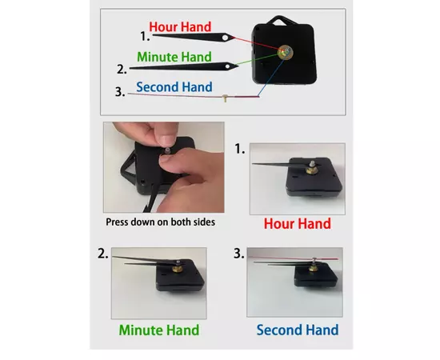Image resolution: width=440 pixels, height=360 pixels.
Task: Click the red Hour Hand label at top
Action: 180,27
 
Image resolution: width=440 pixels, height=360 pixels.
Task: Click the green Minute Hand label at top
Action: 174,57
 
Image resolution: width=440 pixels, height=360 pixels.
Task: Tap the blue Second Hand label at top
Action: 174,87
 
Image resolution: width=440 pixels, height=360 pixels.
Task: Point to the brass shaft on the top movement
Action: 286,52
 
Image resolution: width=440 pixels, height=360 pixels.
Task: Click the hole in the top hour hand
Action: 225,38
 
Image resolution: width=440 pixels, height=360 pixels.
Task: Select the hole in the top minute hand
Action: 228,66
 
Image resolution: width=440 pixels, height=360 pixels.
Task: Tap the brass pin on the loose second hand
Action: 225,98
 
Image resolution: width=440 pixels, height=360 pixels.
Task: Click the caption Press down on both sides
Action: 160,222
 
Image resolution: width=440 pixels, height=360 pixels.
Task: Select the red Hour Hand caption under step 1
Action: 298,224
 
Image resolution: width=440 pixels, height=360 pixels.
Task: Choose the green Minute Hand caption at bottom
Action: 159,330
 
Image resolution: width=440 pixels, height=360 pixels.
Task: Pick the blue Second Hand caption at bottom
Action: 298,330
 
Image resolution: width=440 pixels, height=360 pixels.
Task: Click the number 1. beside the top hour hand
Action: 145,37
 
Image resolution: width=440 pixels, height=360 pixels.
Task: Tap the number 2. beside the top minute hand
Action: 122,69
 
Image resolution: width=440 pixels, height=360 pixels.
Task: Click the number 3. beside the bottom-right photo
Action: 239,254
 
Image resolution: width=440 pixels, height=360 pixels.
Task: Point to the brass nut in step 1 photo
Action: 311,170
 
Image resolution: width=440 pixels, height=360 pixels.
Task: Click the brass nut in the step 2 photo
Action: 178,269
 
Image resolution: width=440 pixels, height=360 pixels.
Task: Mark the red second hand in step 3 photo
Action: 293,258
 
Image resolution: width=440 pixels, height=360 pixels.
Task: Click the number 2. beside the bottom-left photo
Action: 102,254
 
